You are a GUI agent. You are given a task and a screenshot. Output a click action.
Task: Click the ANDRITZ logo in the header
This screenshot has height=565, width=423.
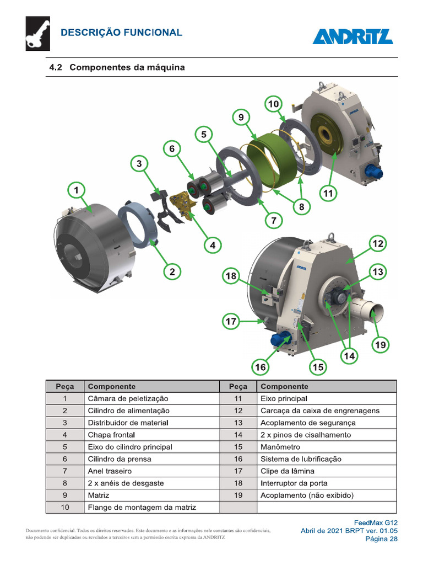pos(352,36)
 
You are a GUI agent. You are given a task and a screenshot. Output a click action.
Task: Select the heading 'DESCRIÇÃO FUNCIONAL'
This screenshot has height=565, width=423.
pos(121,33)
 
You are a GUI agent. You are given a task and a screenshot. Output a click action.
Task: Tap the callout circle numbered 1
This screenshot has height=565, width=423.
pos(77,190)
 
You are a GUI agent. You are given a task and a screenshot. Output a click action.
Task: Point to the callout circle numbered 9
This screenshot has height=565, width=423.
pos(241,118)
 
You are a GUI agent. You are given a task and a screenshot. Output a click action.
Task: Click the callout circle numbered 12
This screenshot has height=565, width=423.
pos(378,243)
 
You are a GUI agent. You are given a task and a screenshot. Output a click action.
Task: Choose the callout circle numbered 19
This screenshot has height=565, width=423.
pos(381,345)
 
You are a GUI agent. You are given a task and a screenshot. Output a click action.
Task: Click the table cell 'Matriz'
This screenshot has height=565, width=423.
pos(99,495)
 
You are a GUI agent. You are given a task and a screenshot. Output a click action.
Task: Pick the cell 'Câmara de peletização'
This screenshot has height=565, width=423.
pos(128,398)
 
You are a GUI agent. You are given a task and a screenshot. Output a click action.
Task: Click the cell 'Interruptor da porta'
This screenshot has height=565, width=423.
pos(295,483)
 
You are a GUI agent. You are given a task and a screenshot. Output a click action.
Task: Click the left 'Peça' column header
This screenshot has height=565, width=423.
pos(64,386)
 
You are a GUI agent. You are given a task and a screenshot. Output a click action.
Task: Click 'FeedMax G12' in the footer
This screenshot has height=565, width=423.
pos(375,522)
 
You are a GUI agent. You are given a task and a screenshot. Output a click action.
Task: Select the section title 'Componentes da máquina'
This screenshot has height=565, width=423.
pos(127,68)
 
